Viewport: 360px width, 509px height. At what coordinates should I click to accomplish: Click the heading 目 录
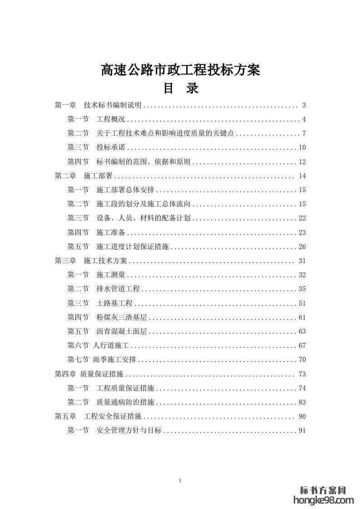point(181,88)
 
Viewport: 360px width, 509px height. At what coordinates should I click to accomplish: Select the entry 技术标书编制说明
point(113,105)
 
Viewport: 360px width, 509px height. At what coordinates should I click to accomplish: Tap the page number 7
point(304,133)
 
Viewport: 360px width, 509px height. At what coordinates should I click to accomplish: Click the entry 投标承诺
point(111,147)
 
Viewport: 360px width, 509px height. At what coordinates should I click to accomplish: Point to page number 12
point(302,162)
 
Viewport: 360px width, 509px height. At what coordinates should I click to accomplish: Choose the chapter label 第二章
point(65,176)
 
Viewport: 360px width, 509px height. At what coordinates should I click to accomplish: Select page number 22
point(302,218)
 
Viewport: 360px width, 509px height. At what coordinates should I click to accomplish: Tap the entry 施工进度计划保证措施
point(132,247)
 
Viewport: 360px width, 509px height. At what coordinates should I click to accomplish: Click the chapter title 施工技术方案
point(106,261)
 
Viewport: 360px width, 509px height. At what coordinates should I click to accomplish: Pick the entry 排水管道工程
point(118,289)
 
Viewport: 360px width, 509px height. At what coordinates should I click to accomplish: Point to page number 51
point(302,303)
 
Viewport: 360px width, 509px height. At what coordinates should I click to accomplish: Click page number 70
point(302,360)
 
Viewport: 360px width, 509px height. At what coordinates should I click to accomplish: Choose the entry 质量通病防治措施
point(125,402)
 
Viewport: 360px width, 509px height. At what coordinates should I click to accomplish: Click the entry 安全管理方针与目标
point(129,431)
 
